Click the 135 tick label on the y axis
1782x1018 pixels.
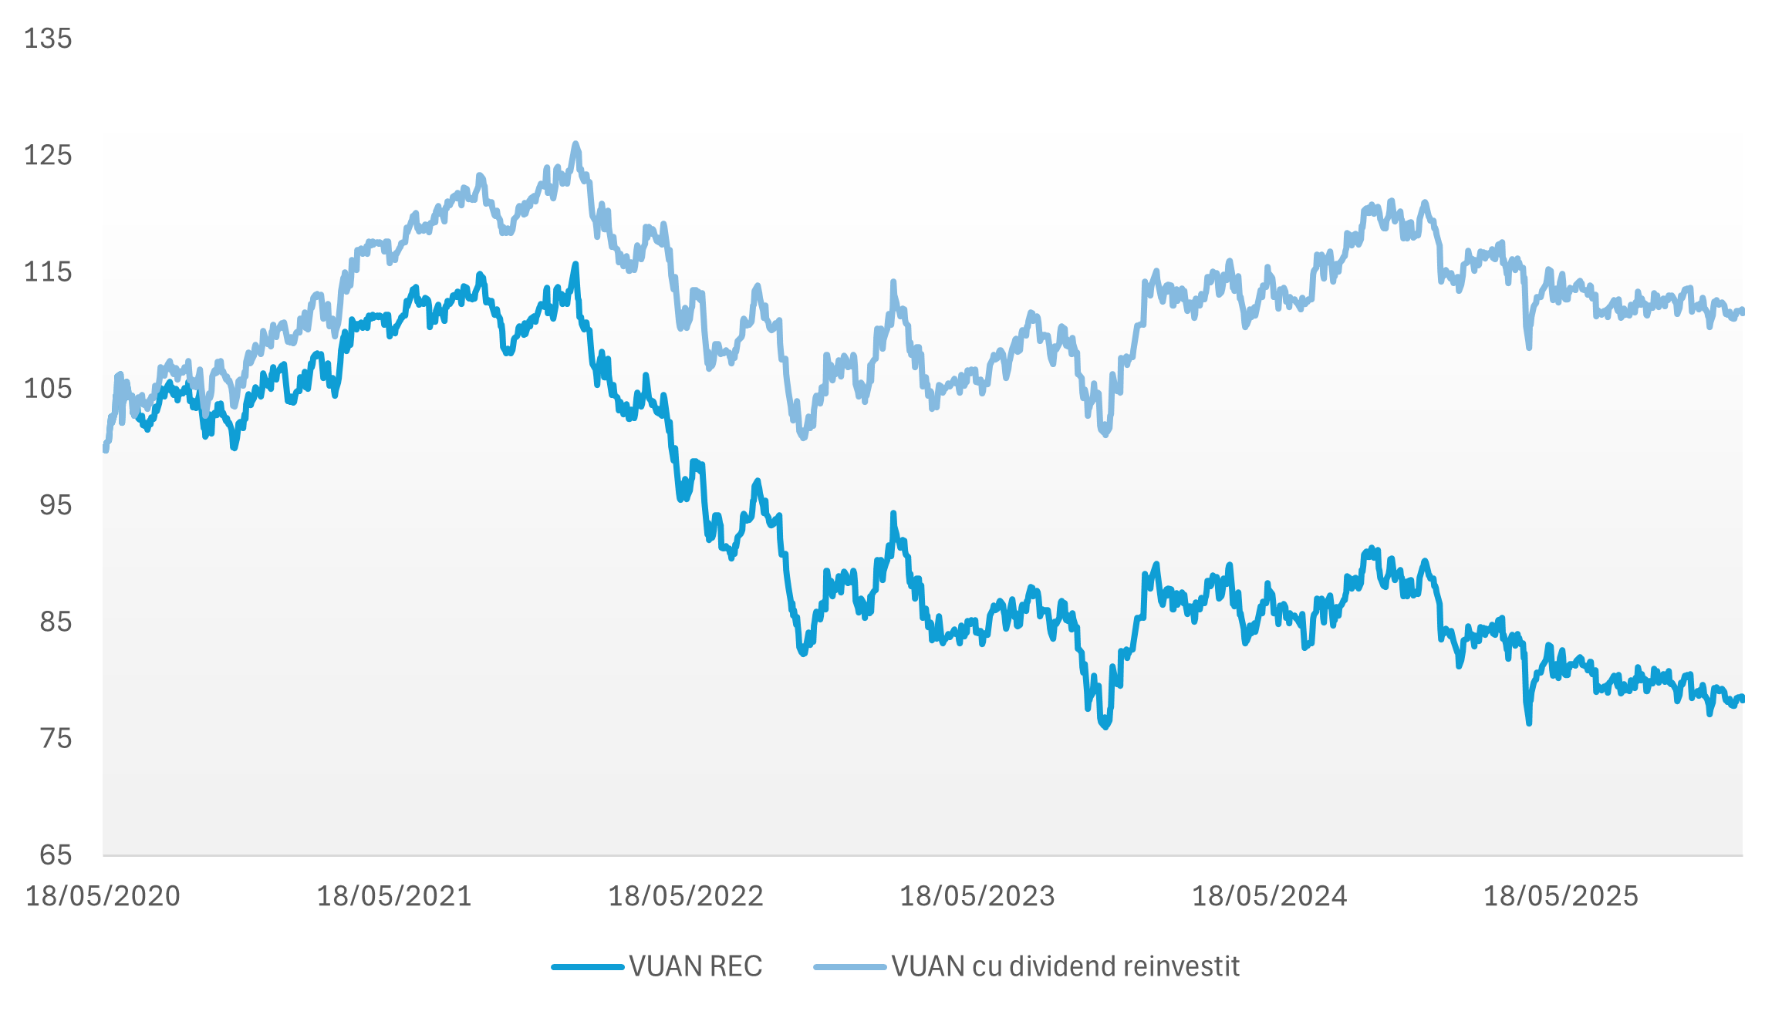(48, 39)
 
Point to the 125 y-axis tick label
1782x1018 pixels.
(48, 155)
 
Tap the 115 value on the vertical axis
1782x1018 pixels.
(48, 271)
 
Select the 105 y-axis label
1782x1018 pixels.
(48, 388)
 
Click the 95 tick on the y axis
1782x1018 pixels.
(56, 505)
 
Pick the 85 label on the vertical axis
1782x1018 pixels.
(56, 622)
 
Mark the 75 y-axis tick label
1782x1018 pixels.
(56, 738)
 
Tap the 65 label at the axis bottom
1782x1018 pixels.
(56, 855)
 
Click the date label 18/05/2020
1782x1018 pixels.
(103, 896)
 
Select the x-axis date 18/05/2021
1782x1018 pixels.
(394, 896)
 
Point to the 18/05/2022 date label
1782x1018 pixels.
(686, 896)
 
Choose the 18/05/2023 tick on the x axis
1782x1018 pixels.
(977, 896)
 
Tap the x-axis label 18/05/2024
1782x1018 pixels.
(1270, 896)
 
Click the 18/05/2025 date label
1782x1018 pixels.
(1561, 896)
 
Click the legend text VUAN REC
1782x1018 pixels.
(695, 966)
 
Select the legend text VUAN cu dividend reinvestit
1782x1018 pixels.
(1065, 966)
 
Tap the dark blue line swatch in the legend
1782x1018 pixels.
(588, 966)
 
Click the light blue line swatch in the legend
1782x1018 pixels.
(849, 966)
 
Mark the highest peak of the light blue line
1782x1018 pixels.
(575, 143)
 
